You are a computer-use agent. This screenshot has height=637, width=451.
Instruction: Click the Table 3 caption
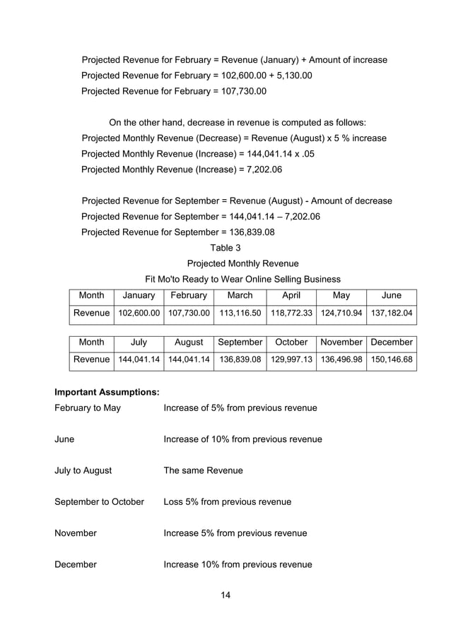(x=225, y=248)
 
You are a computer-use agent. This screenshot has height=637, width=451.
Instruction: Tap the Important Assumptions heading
(x=107, y=391)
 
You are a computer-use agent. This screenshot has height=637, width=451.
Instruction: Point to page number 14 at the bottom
(x=225, y=595)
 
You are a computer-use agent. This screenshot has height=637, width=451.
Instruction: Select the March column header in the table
(x=240, y=295)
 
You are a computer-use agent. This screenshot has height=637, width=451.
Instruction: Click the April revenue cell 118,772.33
(x=291, y=312)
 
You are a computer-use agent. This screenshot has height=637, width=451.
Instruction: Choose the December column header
(x=391, y=342)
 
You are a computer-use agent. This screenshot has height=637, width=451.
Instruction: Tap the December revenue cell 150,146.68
(x=391, y=359)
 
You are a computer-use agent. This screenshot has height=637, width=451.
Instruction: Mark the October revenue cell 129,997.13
(x=291, y=359)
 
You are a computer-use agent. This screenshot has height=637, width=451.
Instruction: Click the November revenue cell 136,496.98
(x=341, y=359)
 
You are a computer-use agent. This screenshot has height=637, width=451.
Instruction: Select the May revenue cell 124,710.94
(x=341, y=312)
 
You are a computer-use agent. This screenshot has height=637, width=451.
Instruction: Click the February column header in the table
(x=189, y=295)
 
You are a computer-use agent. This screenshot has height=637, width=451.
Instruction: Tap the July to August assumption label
(x=83, y=470)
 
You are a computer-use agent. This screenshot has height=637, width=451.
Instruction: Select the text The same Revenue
(x=203, y=470)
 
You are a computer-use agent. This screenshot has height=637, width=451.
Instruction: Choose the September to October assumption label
(x=99, y=501)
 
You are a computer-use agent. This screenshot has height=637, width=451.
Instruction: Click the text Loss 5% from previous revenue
(x=227, y=501)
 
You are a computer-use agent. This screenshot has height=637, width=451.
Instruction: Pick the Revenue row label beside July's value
(x=91, y=359)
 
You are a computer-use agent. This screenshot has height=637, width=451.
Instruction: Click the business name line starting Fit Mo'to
(x=242, y=279)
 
